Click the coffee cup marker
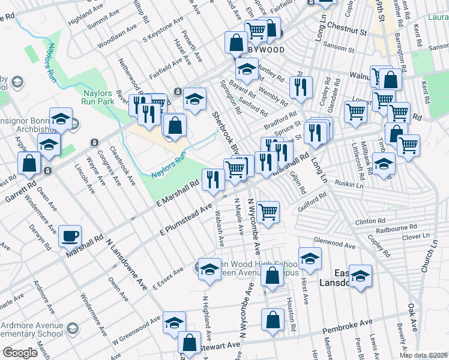pyautogui.click(x=70, y=236)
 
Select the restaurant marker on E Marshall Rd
pyautogui.click(x=213, y=179)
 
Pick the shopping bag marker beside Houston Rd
pyautogui.click(x=273, y=320)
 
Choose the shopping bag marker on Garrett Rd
pyautogui.click(x=29, y=163)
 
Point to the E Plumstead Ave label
pyautogui.click(x=187, y=220)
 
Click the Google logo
pyautogui.click(x=20, y=352)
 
